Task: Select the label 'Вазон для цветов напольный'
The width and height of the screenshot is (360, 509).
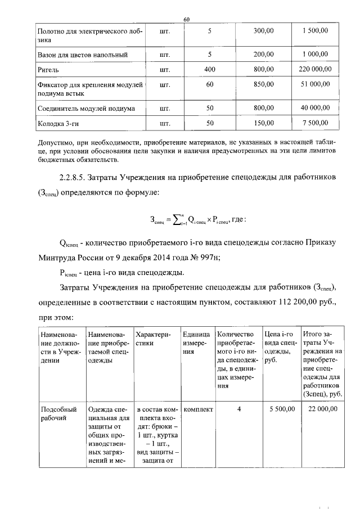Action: (x=82, y=55)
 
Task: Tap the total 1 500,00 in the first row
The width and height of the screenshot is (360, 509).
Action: (x=316, y=31)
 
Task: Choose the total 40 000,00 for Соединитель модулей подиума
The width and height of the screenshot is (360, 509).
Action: (x=315, y=107)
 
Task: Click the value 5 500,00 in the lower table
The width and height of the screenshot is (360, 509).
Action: (x=280, y=409)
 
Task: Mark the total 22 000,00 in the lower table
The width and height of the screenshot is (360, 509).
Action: (x=323, y=409)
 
